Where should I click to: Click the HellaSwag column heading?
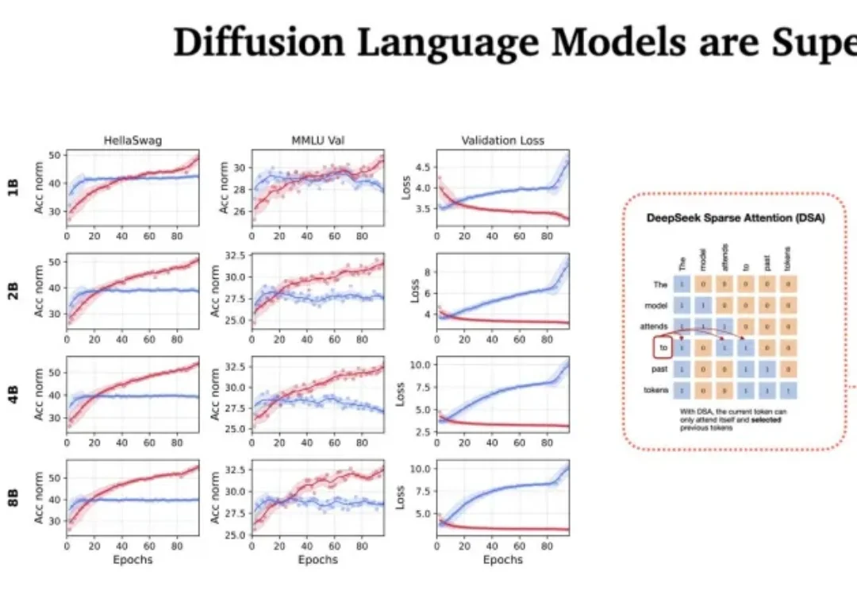[x=133, y=141]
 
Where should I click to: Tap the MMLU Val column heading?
[x=317, y=141]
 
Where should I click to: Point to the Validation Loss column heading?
[x=502, y=141]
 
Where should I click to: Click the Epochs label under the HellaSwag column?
[x=133, y=560]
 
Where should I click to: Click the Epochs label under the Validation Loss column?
[x=502, y=560]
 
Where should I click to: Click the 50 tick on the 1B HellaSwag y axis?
[x=55, y=155]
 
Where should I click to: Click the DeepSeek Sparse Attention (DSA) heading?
[x=734, y=218]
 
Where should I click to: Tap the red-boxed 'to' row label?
[x=664, y=347]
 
